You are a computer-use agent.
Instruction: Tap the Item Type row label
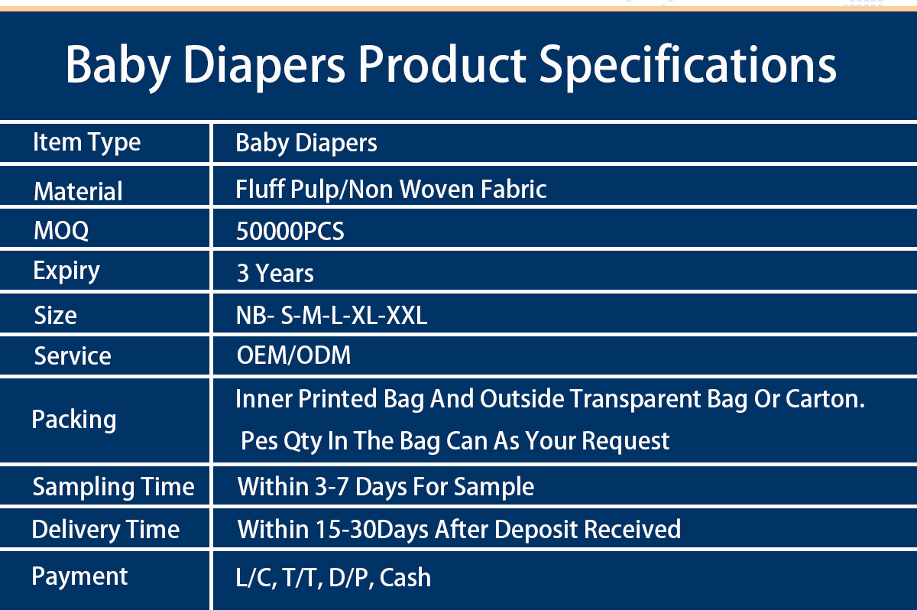[87, 143]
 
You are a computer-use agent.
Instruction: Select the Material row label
[78, 191]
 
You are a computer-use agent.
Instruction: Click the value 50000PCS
[290, 231]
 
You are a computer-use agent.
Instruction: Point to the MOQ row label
[61, 231]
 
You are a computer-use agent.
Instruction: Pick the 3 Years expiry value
[275, 273]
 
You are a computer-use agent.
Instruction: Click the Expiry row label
[66, 271]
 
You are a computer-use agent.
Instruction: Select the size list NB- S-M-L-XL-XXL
[332, 316]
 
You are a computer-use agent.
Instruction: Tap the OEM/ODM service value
[293, 355]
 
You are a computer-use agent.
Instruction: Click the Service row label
[73, 355]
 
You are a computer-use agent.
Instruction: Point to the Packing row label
[74, 420]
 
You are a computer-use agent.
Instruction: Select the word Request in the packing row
[625, 442]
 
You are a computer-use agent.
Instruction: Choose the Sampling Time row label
[113, 487]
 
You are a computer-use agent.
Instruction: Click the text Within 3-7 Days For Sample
[386, 487]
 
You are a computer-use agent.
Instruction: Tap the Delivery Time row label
[105, 530]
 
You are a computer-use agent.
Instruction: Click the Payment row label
[79, 577]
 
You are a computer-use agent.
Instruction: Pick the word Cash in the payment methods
[405, 578]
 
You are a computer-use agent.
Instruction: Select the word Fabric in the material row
[514, 189]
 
